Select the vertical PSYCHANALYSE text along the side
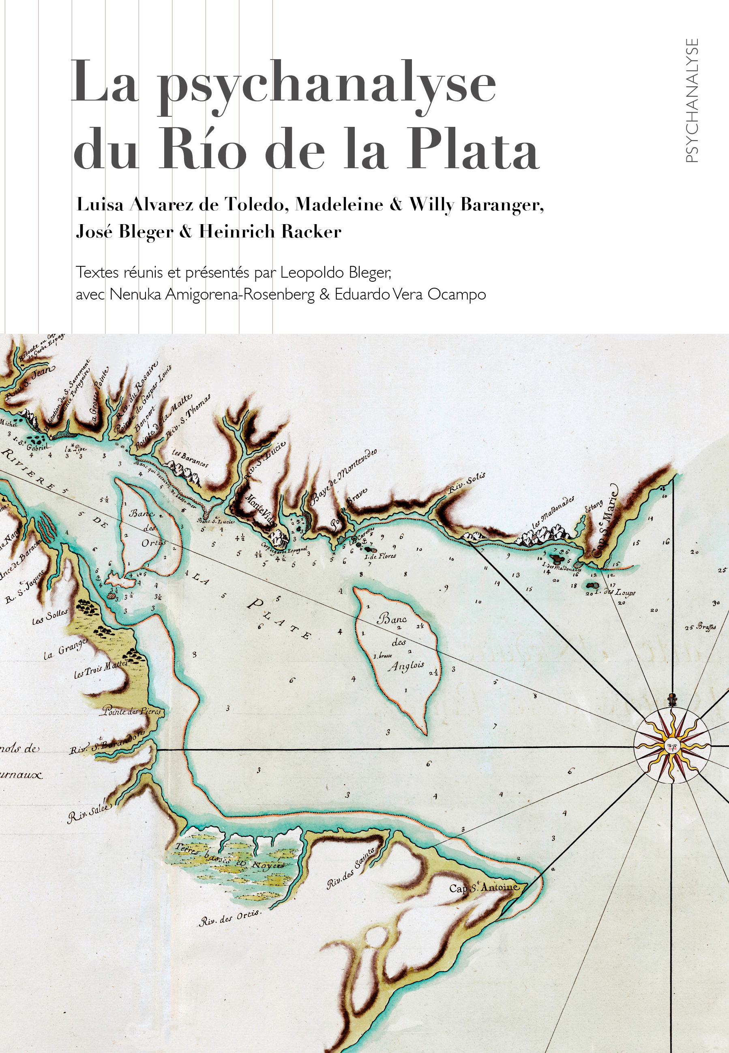pos(692,101)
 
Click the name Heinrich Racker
pos(270,232)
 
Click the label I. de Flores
pos(380,556)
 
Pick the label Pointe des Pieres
pos(131,711)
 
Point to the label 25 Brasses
pos(700,627)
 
